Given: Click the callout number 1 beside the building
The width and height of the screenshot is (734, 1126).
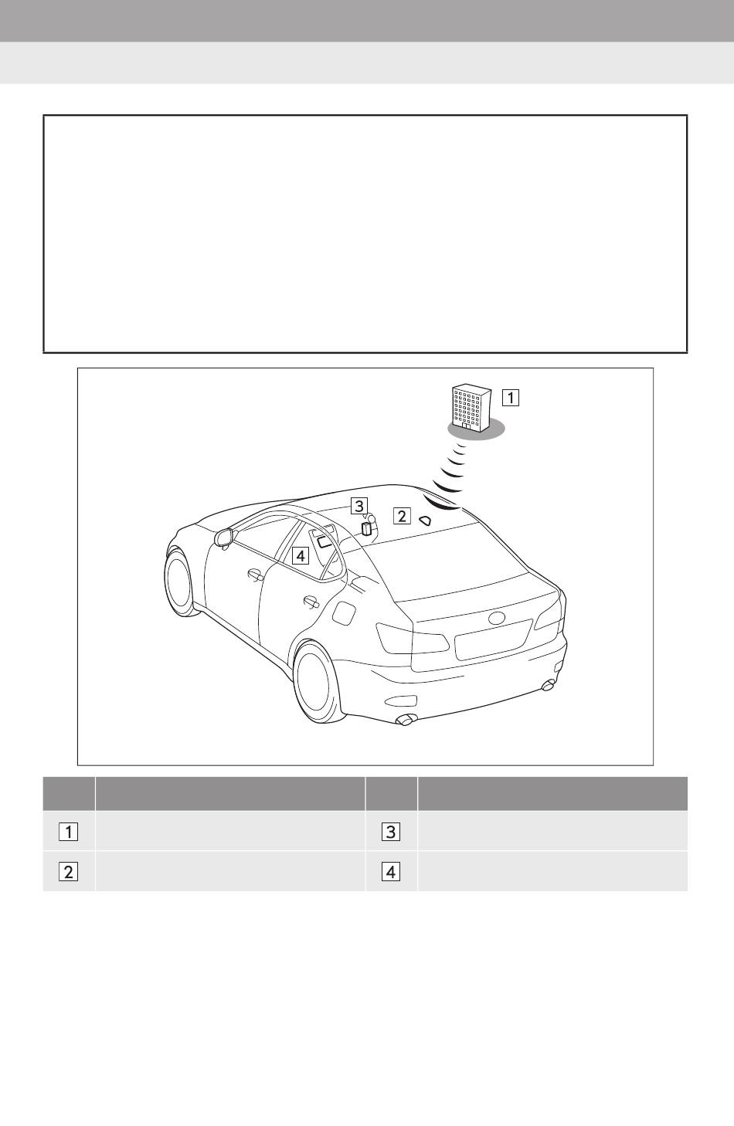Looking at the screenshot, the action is (x=511, y=398).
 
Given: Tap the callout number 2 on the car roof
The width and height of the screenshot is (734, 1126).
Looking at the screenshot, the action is (x=402, y=516).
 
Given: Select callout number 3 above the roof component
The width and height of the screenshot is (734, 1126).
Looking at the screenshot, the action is (x=359, y=506).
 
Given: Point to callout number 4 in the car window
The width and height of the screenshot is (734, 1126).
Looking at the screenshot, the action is (x=300, y=556).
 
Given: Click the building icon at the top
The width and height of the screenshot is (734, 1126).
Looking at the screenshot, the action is (x=471, y=408).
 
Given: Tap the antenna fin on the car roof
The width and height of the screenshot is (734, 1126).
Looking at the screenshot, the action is (x=425, y=521).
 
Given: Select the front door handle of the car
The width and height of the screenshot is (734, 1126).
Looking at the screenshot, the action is (x=255, y=575).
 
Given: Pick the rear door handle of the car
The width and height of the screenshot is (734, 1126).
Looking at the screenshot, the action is (x=311, y=602).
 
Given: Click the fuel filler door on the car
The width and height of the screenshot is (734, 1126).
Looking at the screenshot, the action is (x=345, y=613).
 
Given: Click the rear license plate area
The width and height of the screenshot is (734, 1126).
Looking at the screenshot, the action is (x=493, y=640).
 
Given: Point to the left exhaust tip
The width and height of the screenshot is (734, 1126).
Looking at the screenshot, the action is (x=405, y=720).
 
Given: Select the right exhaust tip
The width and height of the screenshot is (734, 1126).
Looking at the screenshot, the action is (x=548, y=684).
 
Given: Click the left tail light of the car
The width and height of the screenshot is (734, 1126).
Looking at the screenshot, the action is (x=413, y=639).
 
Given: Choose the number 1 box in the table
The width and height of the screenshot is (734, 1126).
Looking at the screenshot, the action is (x=68, y=832).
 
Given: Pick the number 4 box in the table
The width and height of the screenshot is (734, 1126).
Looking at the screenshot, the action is (x=391, y=872).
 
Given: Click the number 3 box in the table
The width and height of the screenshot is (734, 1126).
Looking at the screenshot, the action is (x=391, y=832).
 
